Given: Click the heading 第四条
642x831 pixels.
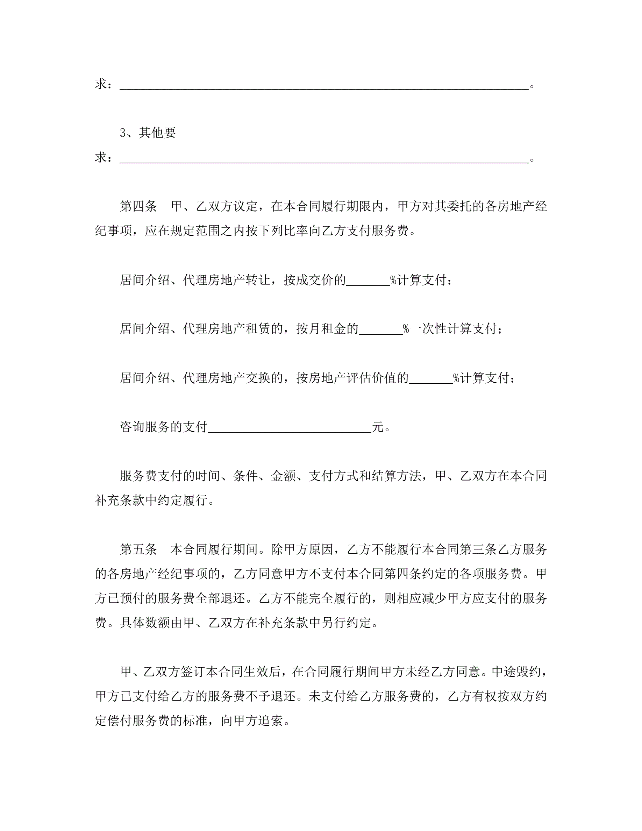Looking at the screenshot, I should [x=138, y=207].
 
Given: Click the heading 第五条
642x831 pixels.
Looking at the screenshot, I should [x=138, y=549].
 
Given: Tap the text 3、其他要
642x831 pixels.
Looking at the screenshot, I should [x=148, y=133].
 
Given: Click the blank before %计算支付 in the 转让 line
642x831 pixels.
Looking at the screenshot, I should [x=368, y=280].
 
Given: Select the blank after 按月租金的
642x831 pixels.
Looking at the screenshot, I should [x=381, y=329].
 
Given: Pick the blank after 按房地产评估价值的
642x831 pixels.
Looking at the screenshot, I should [x=431, y=378].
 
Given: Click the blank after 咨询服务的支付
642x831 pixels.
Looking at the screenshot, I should [x=290, y=427].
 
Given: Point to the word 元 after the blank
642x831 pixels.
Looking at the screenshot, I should [x=378, y=427].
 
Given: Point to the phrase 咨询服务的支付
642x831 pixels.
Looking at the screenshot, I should [x=164, y=427].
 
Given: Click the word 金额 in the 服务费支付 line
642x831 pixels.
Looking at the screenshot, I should [x=283, y=476].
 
